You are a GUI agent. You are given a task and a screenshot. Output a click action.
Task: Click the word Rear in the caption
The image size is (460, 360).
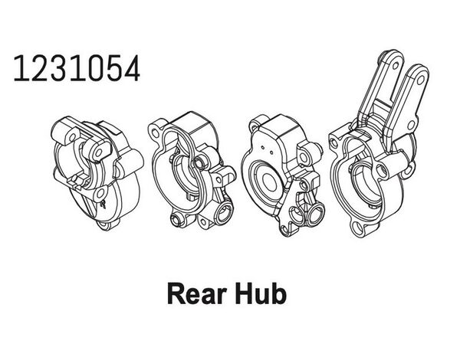pos(197,294)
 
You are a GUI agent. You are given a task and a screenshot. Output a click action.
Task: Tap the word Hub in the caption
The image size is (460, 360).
pos(261,293)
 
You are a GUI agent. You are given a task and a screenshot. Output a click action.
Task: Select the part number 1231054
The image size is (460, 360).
pos(77,69)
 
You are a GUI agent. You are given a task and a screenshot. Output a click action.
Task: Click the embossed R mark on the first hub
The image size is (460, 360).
pos(103,204)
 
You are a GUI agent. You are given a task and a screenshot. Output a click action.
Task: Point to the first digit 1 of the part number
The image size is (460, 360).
pos(20,69)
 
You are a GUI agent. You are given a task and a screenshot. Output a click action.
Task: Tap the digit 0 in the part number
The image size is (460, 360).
pos(96,69)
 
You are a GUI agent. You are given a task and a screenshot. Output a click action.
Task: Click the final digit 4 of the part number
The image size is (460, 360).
pos(132,69)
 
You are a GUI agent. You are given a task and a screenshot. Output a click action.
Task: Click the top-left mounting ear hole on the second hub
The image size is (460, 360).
pos(154,133)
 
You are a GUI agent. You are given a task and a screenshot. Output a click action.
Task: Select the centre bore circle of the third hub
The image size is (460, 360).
pos(269,182)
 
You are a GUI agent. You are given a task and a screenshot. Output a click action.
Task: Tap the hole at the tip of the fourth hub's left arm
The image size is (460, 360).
pos(396,65)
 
